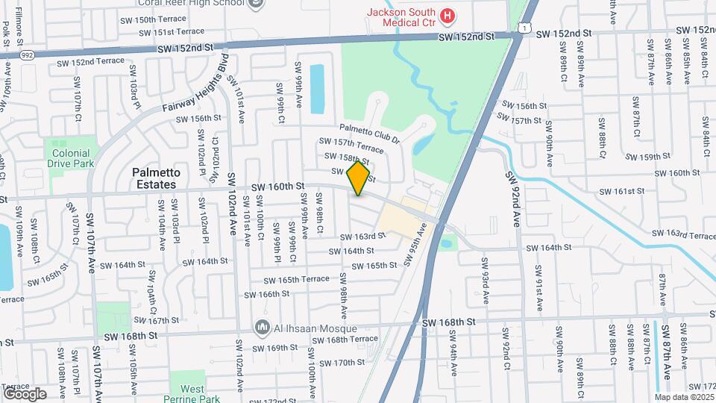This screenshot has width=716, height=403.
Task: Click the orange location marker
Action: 359,178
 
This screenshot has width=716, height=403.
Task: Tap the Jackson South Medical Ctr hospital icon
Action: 447,15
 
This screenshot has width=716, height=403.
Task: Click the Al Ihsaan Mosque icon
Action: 262,328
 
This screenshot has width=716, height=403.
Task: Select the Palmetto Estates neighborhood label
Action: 154,178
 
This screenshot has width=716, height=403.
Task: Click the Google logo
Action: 25,394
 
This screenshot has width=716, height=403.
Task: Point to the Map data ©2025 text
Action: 683,397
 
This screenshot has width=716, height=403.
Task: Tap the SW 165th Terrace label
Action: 296,279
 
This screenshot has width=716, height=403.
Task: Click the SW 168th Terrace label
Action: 345,340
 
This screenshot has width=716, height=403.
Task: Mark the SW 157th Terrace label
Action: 351,143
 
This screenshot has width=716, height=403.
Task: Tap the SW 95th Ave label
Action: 418,249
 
